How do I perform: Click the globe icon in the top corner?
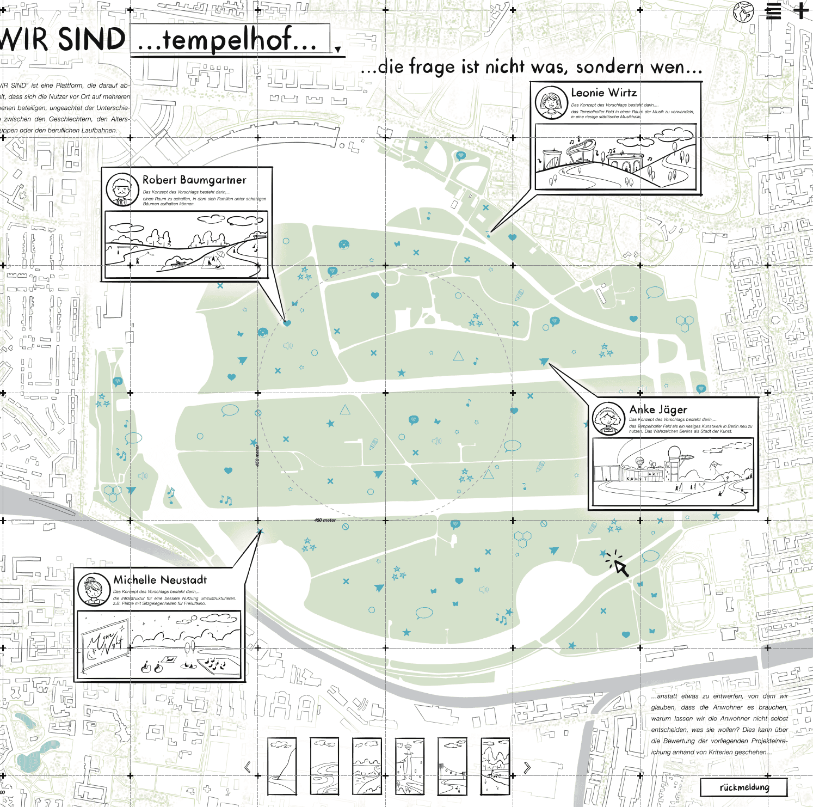tap(743, 12)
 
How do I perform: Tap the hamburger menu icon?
tap(773, 11)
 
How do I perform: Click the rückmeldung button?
tap(743, 787)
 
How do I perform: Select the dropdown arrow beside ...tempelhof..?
tap(338, 50)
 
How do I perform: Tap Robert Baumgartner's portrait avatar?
tap(122, 189)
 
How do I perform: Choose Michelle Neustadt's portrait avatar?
tap(94, 589)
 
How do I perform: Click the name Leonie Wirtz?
tap(603, 93)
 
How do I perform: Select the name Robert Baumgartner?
tap(194, 180)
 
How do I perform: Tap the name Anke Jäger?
tap(658, 409)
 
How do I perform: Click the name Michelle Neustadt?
tap(160, 580)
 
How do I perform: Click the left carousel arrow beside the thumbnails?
tap(248, 767)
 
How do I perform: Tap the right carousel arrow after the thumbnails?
tap(527, 767)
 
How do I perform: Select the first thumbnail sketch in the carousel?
tap(282, 766)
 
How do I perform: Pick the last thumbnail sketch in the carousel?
tap(495, 766)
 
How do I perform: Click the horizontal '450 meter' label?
tap(325, 521)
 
